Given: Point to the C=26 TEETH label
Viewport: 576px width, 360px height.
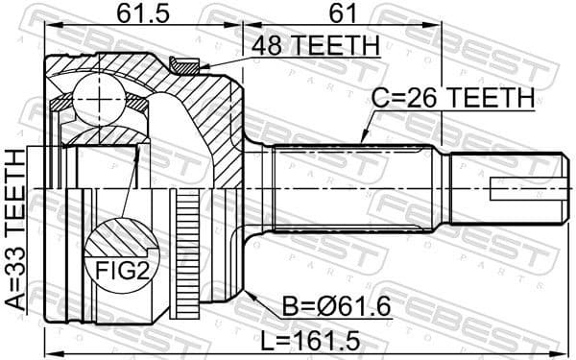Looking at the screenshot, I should click(452, 98).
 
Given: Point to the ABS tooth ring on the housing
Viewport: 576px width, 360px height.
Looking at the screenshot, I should click(186, 252).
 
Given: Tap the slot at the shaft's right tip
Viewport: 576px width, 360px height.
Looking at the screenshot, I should click(523, 188).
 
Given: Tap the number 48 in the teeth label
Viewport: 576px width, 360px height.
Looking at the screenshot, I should click(268, 45).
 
